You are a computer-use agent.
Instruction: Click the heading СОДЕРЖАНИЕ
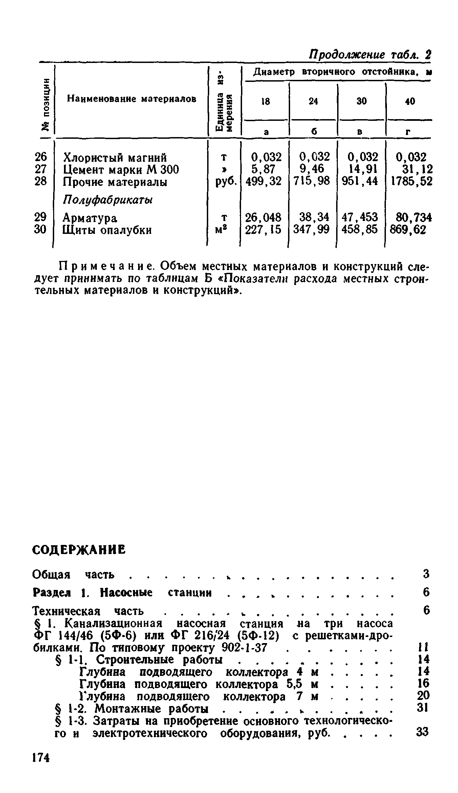point(79,550)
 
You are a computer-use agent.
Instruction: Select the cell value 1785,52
point(412,182)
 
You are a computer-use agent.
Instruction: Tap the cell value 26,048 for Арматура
point(263,217)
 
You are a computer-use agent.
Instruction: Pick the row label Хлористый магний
point(115,158)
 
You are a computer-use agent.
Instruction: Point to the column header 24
point(313,101)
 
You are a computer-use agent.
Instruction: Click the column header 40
point(410,101)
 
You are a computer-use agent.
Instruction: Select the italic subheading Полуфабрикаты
point(108,200)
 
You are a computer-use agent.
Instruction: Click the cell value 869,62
point(408,230)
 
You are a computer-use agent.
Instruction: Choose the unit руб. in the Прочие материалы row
point(223,182)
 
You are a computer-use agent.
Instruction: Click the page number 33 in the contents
point(422,732)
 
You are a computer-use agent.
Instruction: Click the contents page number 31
point(423,707)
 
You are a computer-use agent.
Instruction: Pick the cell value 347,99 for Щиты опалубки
point(311,230)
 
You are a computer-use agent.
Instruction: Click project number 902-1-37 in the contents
point(244,648)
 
